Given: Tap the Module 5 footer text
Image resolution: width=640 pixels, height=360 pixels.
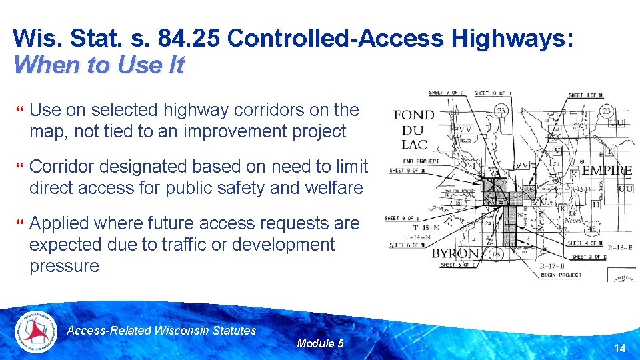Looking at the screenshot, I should [x=320, y=343].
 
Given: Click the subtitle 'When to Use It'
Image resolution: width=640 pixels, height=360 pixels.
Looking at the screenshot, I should [x=98, y=65].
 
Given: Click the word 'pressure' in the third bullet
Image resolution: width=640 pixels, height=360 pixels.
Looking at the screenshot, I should [x=64, y=266].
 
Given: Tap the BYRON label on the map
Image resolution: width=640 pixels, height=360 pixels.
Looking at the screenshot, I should [x=455, y=254].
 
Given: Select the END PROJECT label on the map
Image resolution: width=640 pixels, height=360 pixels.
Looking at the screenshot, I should [x=421, y=161].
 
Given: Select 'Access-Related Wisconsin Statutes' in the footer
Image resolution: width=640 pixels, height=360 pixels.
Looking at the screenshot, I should [x=162, y=330].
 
